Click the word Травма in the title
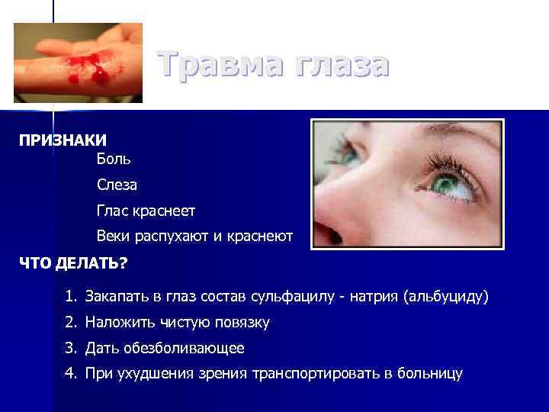coord(215,64)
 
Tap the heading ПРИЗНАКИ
coord(63,141)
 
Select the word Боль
coord(114,159)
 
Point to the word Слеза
coord(117,185)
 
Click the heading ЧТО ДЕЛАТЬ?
coord(73,262)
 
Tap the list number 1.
coord(71,296)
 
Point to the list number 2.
coord(71,323)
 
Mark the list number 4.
coord(71,374)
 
